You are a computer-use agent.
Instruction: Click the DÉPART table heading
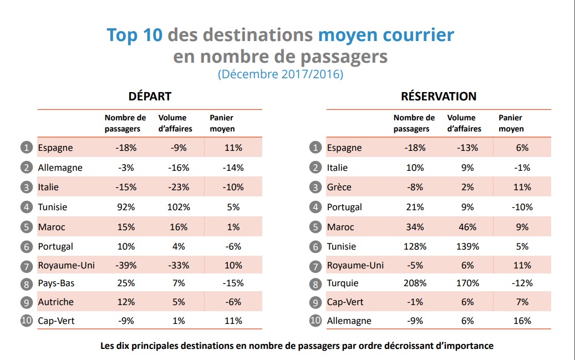point(150,96)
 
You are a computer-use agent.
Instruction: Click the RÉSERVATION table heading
point(439,96)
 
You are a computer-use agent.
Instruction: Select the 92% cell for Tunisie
point(126,207)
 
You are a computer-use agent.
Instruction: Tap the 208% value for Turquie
point(415,283)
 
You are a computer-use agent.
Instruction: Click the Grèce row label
point(339,187)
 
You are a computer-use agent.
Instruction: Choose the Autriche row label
point(55,302)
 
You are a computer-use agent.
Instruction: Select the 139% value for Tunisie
point(468,246)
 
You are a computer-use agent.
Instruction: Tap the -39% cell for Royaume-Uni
point(126,265)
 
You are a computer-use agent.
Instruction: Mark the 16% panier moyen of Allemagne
point(522,321)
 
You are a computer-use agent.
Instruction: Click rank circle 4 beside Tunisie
point(26,207)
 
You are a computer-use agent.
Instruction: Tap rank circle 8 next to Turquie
point(315,283)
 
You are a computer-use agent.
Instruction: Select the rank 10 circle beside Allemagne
point(315,321)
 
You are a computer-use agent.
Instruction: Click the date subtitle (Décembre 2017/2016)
point(280,74)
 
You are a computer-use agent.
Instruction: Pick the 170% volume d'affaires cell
point(468,283)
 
